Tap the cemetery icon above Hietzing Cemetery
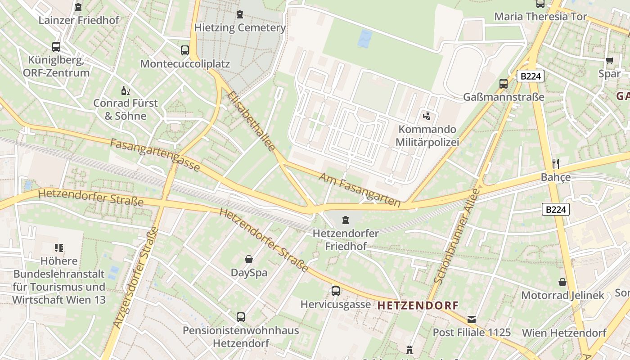click(239, 14)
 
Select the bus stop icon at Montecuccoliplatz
click(185, 50)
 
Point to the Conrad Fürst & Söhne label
click(125, 109)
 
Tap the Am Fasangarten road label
click(360, 189)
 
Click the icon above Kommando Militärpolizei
click(427, 116)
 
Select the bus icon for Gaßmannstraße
click(504, 83)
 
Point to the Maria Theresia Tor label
click(540, 17)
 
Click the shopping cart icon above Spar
click(610, 60)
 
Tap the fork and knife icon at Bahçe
click(556, 164)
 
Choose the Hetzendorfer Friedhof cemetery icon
click(345, 220)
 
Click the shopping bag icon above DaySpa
click(248, 259)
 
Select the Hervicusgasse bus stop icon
click(336, 291)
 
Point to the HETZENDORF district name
click(418, 306)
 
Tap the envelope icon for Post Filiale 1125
click(472, 319)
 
